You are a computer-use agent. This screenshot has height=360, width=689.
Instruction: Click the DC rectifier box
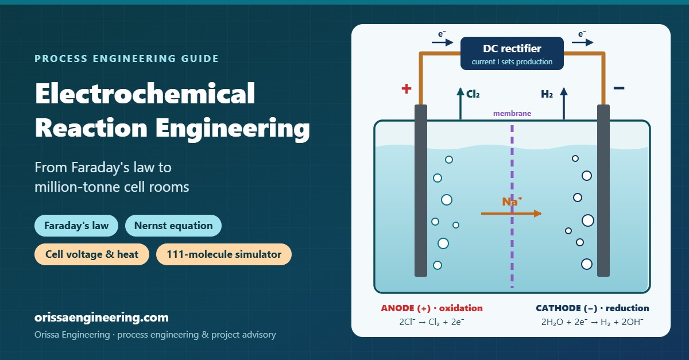coord(512,53)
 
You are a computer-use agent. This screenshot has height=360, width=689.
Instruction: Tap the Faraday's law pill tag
coord(76,226)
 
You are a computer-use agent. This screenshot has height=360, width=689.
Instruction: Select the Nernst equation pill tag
coord(173,226)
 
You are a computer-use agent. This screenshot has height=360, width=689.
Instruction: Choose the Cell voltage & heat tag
coord(92,254)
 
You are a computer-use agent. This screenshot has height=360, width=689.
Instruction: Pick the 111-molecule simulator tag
coord(223,254)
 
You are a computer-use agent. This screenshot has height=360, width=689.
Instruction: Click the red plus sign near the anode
coord(407,88)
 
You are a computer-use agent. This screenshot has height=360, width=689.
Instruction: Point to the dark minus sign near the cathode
coord(619,88)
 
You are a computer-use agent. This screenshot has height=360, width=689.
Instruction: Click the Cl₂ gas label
coord(473,94)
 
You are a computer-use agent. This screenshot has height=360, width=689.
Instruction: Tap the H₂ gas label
coord(547,94)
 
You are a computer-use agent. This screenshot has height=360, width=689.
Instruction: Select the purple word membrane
coord(512,113)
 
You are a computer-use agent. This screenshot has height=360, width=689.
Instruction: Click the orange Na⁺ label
coord(512,202)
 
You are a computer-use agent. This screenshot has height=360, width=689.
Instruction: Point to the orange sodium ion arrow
coord(511,213)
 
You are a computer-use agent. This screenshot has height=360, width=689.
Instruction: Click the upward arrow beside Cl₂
coord(460,103)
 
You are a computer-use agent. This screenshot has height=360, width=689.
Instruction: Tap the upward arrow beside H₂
coord(564,103)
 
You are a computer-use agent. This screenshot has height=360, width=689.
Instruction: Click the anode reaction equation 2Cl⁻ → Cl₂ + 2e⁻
coord(432,322)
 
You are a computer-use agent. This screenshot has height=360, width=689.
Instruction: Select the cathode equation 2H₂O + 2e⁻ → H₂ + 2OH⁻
coord(592,322)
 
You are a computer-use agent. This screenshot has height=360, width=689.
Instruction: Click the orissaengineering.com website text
coord(102,318)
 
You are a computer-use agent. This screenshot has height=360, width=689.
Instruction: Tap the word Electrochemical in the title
coord(145,93)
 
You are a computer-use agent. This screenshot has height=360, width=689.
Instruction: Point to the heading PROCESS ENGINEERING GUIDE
coord(126,59)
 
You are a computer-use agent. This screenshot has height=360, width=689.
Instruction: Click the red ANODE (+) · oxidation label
coord(432,308)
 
